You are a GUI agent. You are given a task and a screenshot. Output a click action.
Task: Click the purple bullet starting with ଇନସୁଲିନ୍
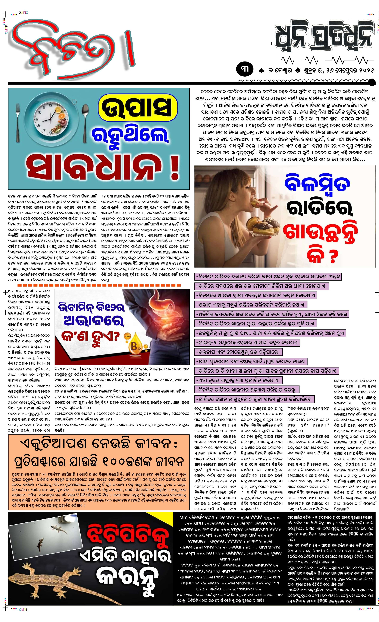pyautogui.click(x=270, y=333)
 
